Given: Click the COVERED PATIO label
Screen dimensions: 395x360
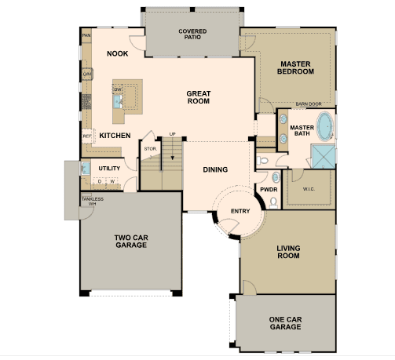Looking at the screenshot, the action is pyautogui.click(x=192, y=35).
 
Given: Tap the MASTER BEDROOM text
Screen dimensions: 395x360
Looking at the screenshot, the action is pyautogui.click(x=295, y=67).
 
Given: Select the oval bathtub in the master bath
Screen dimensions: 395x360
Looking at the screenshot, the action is pyautogui.click(x=325, y=126).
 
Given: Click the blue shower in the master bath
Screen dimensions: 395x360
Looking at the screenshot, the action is pyautogui.click(x=324, y=157).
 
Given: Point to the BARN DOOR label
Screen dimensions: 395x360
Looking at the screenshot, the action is pyautogui.click(x=309, y=104).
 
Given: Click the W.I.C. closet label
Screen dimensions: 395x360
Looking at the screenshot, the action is pyautogui.click(x=309, y=189).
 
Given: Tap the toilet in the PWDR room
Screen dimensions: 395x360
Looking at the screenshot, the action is pyautogui.click(x=273, y=203).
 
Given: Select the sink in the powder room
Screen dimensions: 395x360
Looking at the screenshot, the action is pyautogui.click(x=276, y=177).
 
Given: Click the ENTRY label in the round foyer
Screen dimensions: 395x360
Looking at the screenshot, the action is pyautogui.click(x=240, y=211).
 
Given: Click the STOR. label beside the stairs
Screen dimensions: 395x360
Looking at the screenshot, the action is pyautogui.click(x=151, y=149).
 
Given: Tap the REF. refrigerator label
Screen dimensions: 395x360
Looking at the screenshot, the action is pyautogui.click(x=87, y=136).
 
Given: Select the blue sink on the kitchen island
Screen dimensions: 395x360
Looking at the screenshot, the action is pyautogui.click(x=118, y=101).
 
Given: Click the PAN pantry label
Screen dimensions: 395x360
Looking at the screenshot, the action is pyautogui.click(x=86, y=35).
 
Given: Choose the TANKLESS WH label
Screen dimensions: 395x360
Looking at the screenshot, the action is pyautogui.click(x=93, y=202).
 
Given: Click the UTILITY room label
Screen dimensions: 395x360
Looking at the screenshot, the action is pyautogui.click(x=109, y=169).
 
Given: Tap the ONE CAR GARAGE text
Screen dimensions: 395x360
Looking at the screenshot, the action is pyautogui.click(x=285, y=323).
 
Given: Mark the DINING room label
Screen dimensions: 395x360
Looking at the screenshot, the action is pyautogui.click(x=215, y=169).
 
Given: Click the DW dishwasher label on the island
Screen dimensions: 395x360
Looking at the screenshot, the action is pyautogui.click(x=118, y=89).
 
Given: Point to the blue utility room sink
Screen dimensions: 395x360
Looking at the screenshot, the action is pyautogui.click(x=86, y=169).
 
